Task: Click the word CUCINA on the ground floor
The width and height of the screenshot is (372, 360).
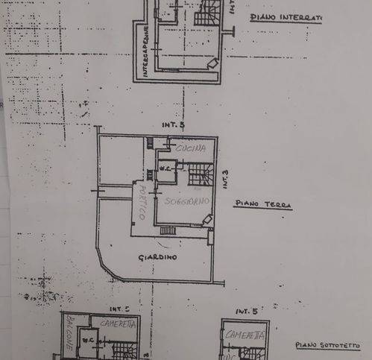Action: click(x=185, y=150)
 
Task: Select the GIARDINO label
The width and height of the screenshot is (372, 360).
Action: click(x=157, y=257)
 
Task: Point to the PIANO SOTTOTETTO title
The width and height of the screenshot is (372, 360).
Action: click(x=329, y=345)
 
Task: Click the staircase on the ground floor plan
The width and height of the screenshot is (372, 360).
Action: click(x=199, y=176)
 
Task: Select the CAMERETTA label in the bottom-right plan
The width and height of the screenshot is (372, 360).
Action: click(x=246, y=335)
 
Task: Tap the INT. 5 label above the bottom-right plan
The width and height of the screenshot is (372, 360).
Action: click(x=246, y=310)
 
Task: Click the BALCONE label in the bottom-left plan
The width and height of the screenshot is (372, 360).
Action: click(x=69, y=340)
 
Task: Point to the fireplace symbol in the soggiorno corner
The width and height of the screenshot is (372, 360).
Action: click(x=207, y=220)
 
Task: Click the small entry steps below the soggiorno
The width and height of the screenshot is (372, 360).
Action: click(x=168, y=230)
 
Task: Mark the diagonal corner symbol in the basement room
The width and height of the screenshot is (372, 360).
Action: click(x=212, y=65)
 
